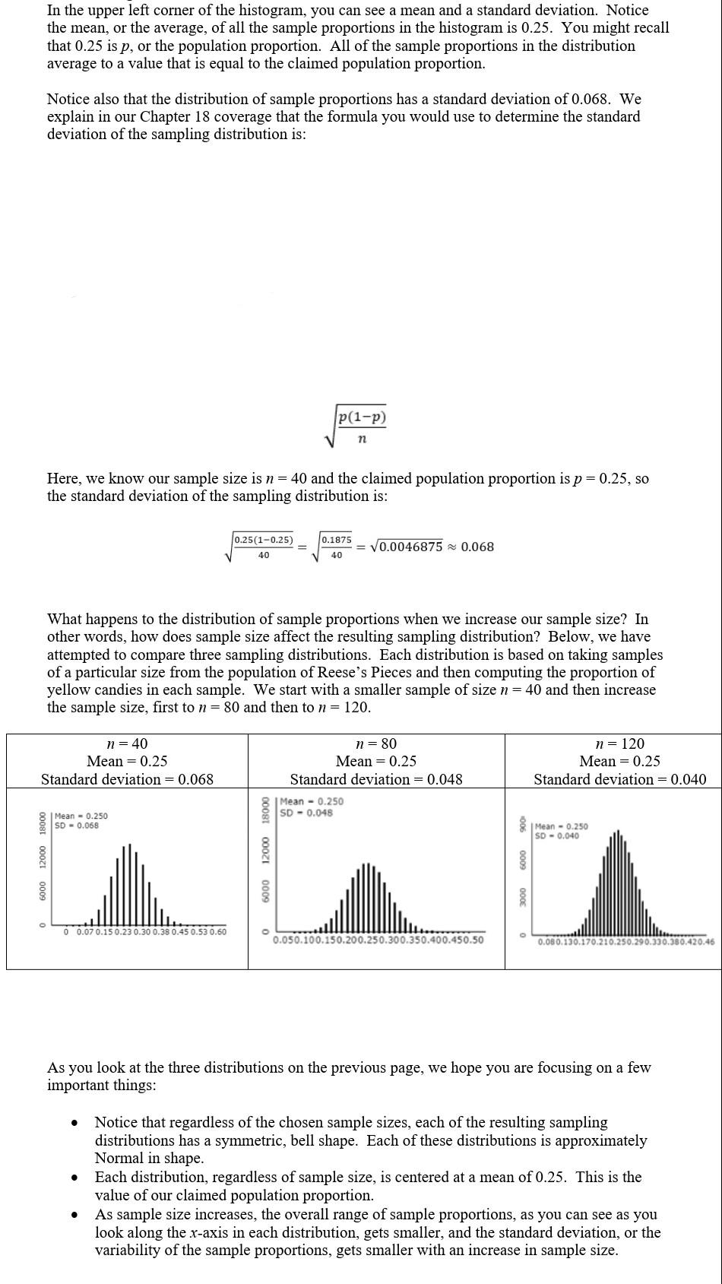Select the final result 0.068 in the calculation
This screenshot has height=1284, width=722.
pos(477,547)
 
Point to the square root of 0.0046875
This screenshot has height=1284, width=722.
pos(406,547)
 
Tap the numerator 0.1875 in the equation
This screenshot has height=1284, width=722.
pos(336,540)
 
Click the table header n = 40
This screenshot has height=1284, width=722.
pos(127,743)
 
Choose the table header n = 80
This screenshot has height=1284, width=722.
pos(376,743)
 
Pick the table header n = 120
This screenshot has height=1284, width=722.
pos(619,743)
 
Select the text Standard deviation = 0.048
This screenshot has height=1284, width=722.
pos(376,779)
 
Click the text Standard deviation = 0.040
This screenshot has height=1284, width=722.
pos(619,779)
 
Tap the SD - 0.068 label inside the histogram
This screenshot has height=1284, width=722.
pos(76,826)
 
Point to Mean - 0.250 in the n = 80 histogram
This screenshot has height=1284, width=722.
pos(312,801)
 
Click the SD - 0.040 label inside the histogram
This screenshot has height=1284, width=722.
pos(556,836)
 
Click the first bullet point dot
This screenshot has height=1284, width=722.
pos(74,1123)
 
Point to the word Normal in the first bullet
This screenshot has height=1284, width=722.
pos(119,1158)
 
